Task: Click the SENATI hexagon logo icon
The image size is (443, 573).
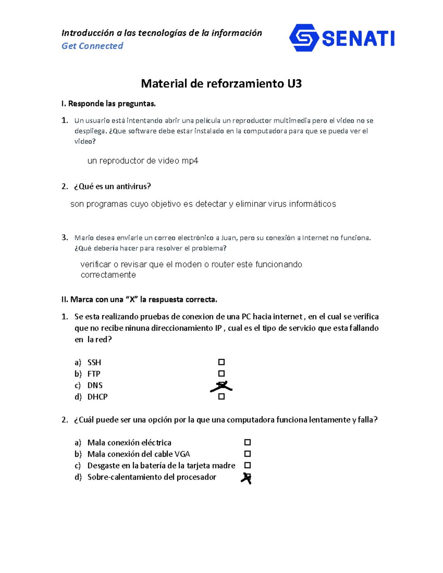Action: click(304, 38)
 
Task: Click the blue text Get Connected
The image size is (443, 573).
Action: click(92, 46)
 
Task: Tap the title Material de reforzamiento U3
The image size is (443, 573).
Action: click(221, 84)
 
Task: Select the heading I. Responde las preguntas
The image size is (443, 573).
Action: click(109, 104)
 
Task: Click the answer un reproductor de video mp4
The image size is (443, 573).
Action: click(142, 161)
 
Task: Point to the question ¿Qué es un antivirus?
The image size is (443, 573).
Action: click(112, 186)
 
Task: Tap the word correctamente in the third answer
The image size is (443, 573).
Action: click(108, 275)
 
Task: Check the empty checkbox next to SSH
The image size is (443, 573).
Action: click(221, 362)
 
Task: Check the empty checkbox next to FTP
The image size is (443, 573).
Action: click(221, 373)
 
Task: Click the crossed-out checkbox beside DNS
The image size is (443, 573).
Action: click(221, 386)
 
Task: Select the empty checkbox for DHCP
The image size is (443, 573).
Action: click(221, 397)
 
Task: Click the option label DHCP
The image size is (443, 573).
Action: click(97, 397)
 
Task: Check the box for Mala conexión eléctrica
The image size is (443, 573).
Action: click(247, 442)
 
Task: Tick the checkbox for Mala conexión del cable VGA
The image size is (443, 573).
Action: click(247, 454)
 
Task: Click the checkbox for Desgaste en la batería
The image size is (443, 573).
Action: click(247, 465)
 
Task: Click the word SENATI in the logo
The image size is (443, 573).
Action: click(358, 38)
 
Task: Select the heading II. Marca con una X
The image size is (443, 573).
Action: click(139, 300)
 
